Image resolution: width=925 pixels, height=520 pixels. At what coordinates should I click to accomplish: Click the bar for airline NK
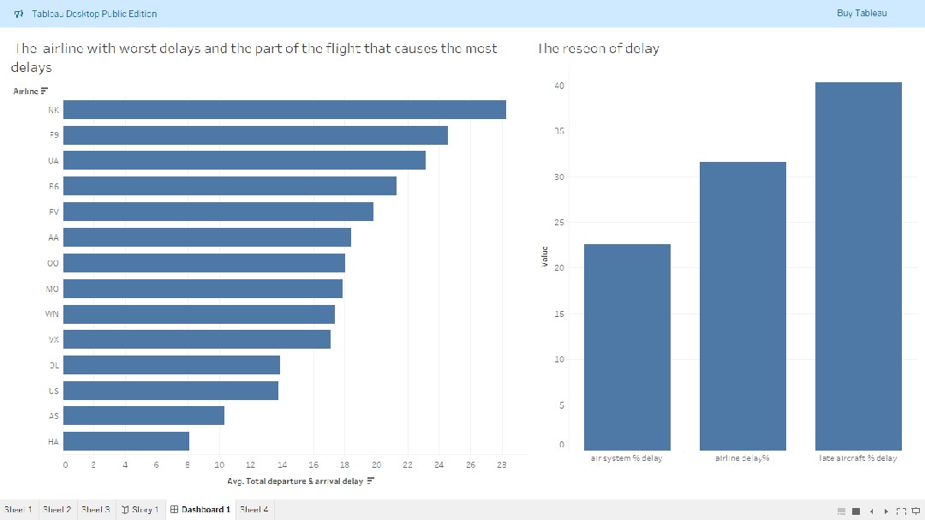click(x=284, y=110)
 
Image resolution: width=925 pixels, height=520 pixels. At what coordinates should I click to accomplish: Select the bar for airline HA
click(x=126, y=441)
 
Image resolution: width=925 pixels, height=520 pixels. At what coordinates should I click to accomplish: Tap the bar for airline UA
click(x=244, y=160)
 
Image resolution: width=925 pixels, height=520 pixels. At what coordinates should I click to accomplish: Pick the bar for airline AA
click(x=207, y=237)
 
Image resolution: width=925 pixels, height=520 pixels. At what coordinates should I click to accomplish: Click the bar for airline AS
click(x=144, y=415)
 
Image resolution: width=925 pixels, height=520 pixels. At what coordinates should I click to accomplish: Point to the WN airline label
click(x=52, y=314)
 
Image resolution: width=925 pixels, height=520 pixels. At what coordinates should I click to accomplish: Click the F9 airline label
click(x=54, y=135)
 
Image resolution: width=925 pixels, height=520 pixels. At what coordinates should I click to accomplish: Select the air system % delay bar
click(x=627, y=347)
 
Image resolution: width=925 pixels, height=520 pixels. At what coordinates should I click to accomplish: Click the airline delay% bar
click(x=743, y=306)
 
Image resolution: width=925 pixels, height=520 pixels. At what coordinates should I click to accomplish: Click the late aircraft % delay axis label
click(x=858, y=458)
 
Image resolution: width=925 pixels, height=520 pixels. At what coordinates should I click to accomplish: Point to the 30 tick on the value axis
click(x=560, y=176)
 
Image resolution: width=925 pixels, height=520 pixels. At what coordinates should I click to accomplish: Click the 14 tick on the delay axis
click(x=282, y=465)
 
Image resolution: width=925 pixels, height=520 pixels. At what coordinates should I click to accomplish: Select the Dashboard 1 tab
click(x=200, y=510)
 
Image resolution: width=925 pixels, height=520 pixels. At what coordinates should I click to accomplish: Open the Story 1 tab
click(x=140, y=510)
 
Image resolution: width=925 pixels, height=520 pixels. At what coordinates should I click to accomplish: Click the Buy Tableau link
click(x=862, y=13)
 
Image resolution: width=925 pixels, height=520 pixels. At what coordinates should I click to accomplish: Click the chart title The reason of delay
click(x=599, y=49)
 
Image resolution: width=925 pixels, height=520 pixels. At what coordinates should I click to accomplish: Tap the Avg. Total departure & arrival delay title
click(x=295, y=481)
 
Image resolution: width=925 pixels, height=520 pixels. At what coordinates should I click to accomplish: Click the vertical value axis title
click(x=545, y=256)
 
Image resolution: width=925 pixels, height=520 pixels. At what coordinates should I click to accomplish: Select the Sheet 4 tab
click(x=254, y=510)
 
